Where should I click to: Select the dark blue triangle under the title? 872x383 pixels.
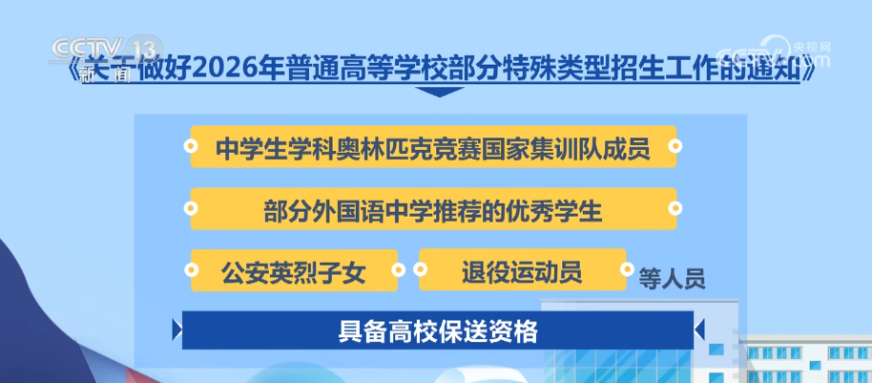439,92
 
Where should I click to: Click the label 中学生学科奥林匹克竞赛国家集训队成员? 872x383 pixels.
433,147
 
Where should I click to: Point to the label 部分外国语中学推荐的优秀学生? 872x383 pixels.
433,209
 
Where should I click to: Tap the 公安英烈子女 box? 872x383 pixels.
294,270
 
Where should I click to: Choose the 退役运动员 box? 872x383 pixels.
522,270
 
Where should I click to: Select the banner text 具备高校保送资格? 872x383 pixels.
438,330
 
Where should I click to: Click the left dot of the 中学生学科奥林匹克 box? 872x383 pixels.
191,146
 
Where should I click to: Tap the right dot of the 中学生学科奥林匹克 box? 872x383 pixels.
675,146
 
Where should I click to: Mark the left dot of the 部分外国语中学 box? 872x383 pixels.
191,209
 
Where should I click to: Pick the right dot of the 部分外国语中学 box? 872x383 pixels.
675,209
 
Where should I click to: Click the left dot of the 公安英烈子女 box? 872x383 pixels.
191,270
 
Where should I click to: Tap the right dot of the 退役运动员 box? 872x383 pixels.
626,270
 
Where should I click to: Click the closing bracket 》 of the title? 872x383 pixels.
809,70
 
